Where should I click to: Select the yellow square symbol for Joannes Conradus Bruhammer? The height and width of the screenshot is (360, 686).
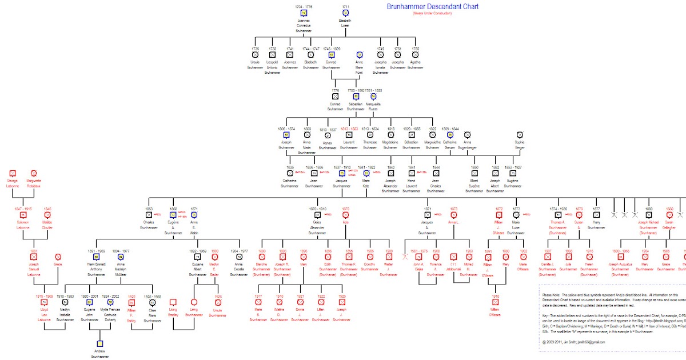[304, 13]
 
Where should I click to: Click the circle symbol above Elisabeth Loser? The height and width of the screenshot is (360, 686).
[345, 13]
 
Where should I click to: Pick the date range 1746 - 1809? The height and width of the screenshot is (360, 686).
[331, 49]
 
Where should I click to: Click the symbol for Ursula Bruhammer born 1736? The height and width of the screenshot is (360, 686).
[255, 55]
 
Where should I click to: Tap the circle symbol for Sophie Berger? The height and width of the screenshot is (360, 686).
[519, 134]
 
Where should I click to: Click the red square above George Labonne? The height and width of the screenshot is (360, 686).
[13, 173]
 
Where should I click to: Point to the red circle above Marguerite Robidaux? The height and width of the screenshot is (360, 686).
[34, 173]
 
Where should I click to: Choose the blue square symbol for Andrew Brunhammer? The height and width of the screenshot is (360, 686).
[100, 343]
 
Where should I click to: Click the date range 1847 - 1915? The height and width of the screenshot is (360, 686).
[23, 209]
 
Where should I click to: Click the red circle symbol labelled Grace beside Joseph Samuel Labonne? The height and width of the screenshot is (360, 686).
[58, 258]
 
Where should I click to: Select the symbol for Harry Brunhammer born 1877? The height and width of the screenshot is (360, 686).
[597, 215]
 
